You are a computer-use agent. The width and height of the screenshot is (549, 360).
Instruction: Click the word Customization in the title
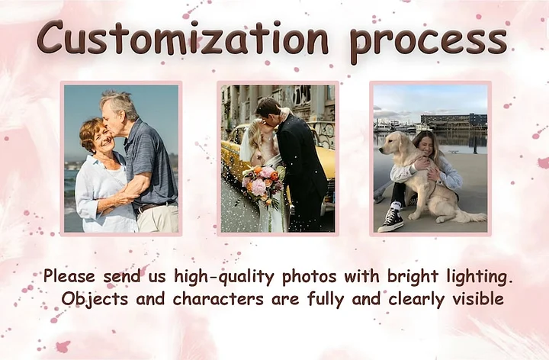click(182, 38)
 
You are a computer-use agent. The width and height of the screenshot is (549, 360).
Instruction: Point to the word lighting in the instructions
click(477, 277)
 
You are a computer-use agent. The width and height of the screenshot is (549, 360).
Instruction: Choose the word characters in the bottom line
click(218, 299)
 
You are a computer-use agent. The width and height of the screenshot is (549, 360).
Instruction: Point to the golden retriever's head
click(395, 143)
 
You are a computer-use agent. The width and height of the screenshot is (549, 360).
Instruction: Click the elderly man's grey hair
click(118, 103)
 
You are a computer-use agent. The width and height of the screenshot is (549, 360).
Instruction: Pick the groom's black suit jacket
click(305, 158)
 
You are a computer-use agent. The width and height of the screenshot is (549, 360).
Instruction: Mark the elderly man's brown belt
click(154, 207)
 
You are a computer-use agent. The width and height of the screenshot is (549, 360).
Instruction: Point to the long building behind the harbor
click(454, 120)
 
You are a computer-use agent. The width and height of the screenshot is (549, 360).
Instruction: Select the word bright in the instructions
click(413, 277)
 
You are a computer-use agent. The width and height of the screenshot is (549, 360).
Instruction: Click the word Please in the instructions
click(69, 276)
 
